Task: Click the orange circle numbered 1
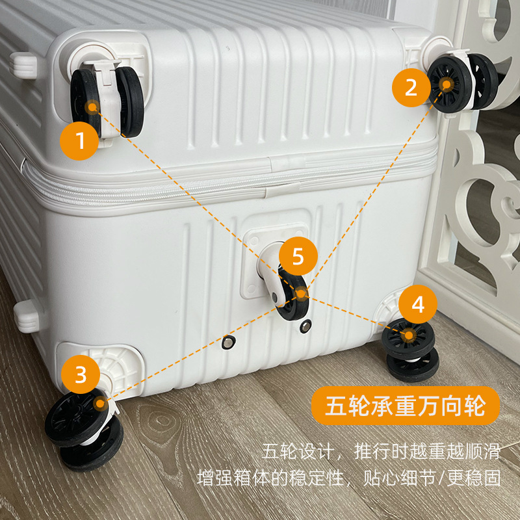click(x=79, y=141)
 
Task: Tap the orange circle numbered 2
click(x=411, y=88)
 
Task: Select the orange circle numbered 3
click(x=81, y=374)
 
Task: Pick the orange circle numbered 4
click(x=418, y=304)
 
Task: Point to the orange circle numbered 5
click(x=298, y=256)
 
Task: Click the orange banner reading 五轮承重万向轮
click(x=405, y=406)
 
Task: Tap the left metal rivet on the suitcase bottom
click(x=229, y=342)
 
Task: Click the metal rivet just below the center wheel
click(x=305, y=326)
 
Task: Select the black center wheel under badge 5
click(x=293, y=298)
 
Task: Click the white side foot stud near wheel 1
click(x=23, y=66)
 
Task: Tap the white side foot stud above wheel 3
click(x=27, y=317)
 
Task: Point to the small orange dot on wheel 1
click(x=92, y=107)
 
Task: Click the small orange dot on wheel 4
click(x=409, y=335)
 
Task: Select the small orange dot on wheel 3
click(x=99, y=404)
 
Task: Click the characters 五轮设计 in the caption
click(x=297, y=451)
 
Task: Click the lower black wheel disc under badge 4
click(x=413, y=367)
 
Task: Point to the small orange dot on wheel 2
click(x=447, y=84)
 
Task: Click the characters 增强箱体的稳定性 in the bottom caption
click(x=270, y=478)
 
